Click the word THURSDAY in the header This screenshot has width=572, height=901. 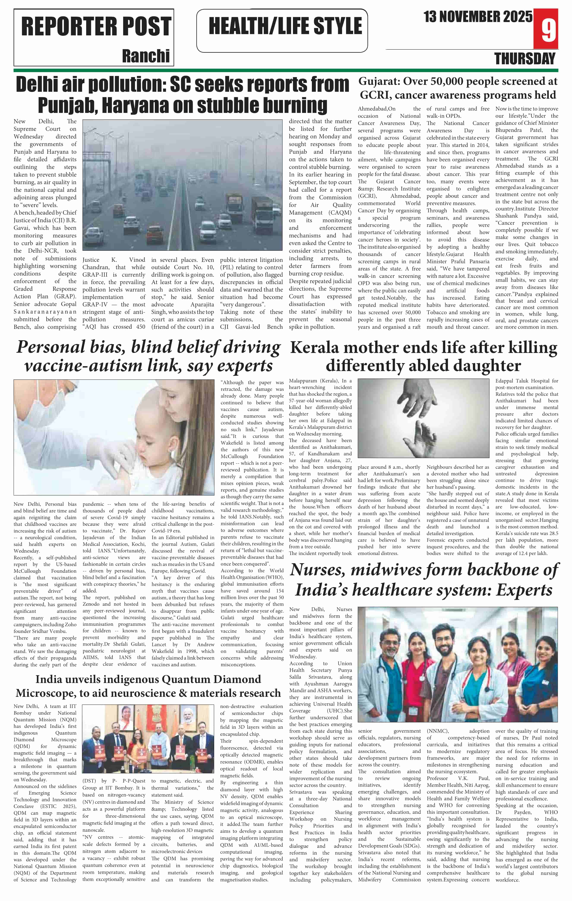[525, 59]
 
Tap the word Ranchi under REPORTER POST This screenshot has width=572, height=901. [146, 56]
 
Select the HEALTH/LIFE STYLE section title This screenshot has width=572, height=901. [285, 26]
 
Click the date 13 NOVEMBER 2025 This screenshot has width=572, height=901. [478, 17]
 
